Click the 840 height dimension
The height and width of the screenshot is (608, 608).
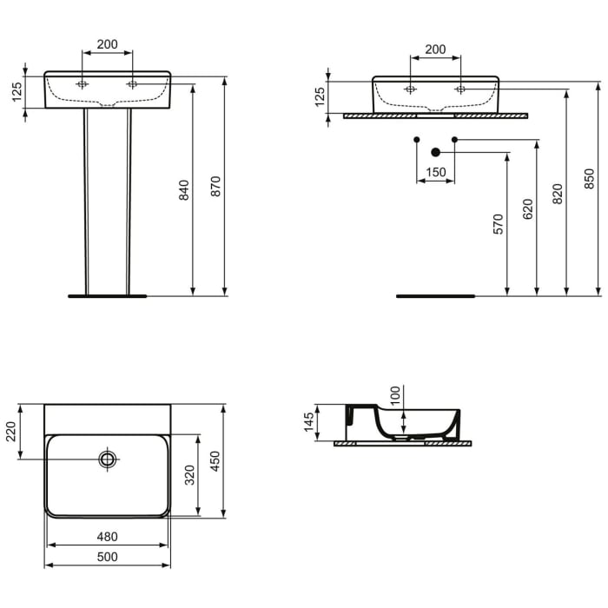click(183, 189)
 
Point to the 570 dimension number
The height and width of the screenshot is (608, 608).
click(498, 225)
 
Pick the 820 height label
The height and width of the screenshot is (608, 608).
click(558, 193)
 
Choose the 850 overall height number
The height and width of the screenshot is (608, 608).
click(590, 178)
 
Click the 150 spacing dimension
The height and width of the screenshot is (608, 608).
click(436, 172)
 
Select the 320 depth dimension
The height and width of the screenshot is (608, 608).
click(190, 475)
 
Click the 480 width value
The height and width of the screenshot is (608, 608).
click(107, 537)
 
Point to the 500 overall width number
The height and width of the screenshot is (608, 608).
click(107, 557)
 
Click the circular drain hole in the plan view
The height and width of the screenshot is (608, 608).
click(108, 459)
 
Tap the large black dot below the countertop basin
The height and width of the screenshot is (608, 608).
click(436, 152)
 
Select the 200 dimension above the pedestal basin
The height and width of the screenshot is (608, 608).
click(108, 43)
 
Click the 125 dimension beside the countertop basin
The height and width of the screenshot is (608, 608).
click(320, 96)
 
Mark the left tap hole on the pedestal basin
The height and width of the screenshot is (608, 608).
click(83, 84)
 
